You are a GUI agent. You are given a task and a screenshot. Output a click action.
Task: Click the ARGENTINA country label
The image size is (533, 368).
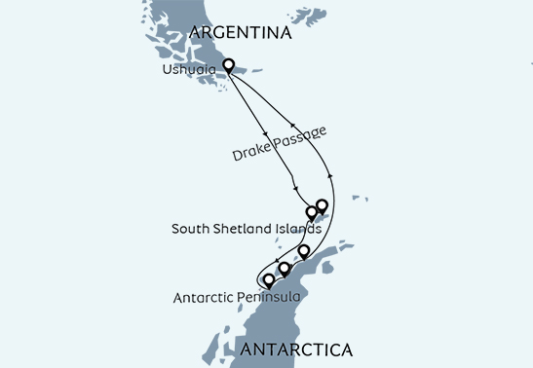(242, 33)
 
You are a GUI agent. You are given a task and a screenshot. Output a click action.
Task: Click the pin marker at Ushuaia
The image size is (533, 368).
(229, 66)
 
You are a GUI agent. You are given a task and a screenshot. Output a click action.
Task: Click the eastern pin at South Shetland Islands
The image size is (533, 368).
(322, 205)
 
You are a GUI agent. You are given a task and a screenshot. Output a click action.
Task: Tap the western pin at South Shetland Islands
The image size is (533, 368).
(312, 211)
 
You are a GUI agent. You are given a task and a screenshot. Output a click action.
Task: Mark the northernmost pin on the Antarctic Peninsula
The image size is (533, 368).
(303, 252)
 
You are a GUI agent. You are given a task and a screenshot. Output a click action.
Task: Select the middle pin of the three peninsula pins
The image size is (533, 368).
(285, 268)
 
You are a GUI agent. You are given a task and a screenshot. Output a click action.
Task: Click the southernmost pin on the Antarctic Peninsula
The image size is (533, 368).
(268, 281)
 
